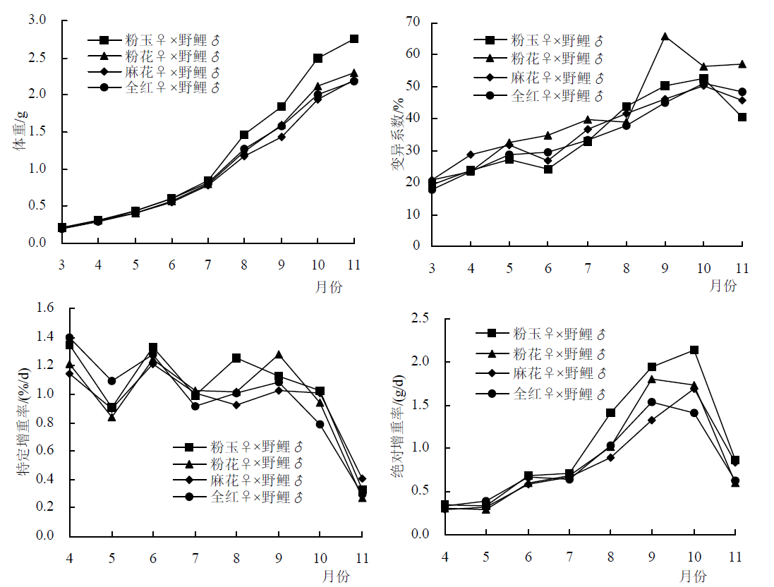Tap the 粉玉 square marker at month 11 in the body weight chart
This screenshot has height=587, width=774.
(x=354, y=39)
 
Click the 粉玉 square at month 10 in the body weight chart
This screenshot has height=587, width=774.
(x=318, y=58)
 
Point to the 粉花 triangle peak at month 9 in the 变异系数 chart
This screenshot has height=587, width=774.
(x=665, y=36)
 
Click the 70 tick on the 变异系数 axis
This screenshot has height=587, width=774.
(x=411, y=23)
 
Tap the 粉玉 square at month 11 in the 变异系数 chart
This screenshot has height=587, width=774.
(x=742, y=117)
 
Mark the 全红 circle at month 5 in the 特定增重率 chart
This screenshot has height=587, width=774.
(x=111, y=381)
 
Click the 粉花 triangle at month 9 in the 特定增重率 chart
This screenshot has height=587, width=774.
(x=279, y=354)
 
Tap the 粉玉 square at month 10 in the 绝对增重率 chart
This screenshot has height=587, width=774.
(x=694, y=350)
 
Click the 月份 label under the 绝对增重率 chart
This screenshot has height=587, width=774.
(x=694, y=576)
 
